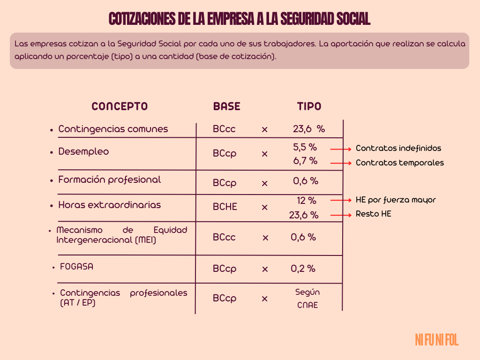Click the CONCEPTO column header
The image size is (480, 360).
(x=120, y=106)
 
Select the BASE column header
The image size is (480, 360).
(x=226, y=106)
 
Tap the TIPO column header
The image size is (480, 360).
(x=309, y=106)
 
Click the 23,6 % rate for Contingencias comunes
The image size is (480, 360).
(x=308, y=129)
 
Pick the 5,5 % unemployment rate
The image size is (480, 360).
(x=305, y=147)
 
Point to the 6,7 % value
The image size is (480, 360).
(x=305, y=161)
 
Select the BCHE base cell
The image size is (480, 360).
(x=225, y=207)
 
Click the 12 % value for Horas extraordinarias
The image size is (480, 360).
(x=306, y=201)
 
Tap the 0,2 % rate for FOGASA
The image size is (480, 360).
(x=303, y=269)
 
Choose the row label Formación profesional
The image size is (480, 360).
(x=109, y=180)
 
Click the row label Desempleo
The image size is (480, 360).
(x=83, y=151)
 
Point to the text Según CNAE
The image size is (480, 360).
(x=307, y=299)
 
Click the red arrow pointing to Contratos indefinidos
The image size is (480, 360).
(x=341, y=149)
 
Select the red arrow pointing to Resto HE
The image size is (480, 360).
(x=341, y=215)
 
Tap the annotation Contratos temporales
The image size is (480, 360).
(x=399, y=163)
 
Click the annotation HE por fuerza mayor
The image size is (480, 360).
(x=396, y=200)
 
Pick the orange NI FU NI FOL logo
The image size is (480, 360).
(x=436, y=340)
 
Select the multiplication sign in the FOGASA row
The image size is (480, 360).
(x=265, y=269)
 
